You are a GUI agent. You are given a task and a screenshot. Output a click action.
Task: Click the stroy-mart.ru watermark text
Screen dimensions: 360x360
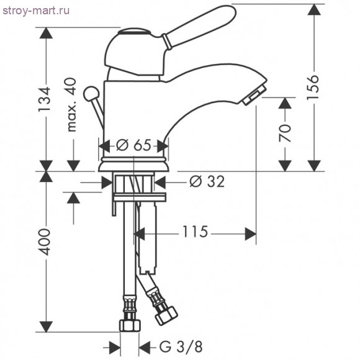tap(36, 11)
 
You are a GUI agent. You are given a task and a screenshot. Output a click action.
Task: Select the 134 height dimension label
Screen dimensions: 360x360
tap(44, 99)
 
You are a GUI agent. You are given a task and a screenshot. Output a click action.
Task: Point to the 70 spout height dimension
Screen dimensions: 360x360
tap(285, 133)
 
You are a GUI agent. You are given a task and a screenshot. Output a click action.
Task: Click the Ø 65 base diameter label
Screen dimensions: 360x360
tap(133, 145)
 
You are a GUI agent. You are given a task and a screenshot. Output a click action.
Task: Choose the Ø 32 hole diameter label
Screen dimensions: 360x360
tap(207, 182)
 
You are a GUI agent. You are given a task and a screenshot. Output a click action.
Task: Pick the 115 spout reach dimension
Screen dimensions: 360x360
tap(195, 232)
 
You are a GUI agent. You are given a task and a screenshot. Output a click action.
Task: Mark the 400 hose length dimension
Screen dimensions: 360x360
tap(44, 242)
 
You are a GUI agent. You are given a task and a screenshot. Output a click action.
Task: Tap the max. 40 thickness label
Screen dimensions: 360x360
tap(71, 105)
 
